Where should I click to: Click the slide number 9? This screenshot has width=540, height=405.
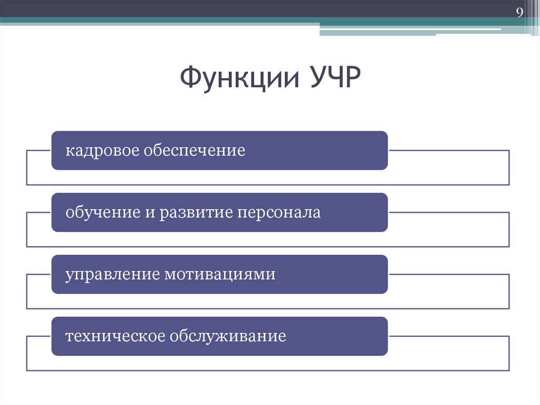coord(519,13)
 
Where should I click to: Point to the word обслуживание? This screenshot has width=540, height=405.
coord(228,336)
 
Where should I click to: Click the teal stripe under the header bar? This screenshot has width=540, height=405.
coord(158,21)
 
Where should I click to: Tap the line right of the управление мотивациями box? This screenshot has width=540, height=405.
coord(448,275)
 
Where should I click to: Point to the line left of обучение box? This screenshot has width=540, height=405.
coord(38,213)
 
